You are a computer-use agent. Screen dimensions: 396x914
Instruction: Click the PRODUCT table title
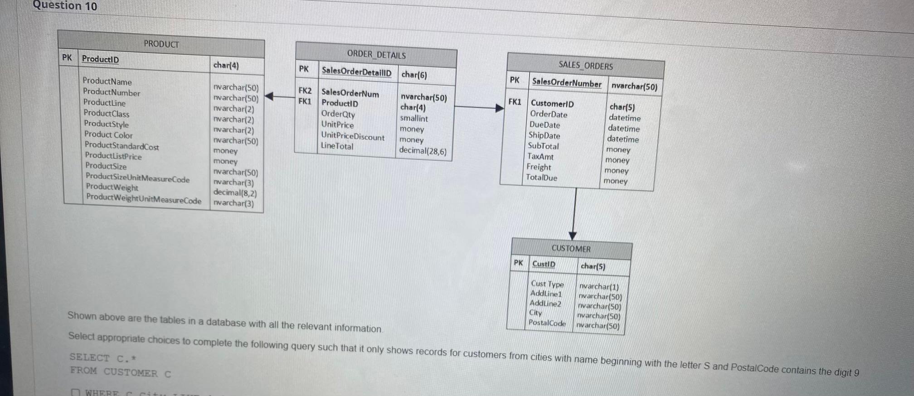pyautogui.click(x=161, y=44)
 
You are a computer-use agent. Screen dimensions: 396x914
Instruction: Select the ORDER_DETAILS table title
pyautogui.click(x=376, y=55)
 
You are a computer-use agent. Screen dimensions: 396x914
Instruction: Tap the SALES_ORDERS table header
pyautogui.click(x=585, y=66)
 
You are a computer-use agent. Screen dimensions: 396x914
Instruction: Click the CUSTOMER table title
pyautogui.click(x=571, y=248)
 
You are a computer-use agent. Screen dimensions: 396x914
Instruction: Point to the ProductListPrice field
pyautogui.click(x=113, y=156)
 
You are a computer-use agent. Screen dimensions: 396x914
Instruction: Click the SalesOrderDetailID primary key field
pyautogui.click(x=356, y=72)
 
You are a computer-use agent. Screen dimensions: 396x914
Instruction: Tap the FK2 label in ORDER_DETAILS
pyautogui.click(x=305, y=91)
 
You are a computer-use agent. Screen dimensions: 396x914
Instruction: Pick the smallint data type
pyautogui.click(x=413, y=118)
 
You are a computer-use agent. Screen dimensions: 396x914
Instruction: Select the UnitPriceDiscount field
pyautogui.click(x=353, y=136)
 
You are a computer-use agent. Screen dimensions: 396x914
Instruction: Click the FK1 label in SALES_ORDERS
pyautogui.click(x=515, y=102)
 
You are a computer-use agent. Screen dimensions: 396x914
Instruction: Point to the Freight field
pyautogui.click(x=539, y=167)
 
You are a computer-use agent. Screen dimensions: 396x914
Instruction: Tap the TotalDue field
pyautogui.click(x=541, y=178)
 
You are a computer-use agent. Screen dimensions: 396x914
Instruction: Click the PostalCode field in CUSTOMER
pyautogui.click(x=547, y=323)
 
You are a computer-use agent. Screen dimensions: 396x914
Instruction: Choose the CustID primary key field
pyautogui.click(x=544, y=264)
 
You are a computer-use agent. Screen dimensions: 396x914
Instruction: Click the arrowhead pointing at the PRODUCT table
pyautogui.click(x=269, y=96)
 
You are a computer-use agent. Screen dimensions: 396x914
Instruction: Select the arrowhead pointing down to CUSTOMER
pyautogui.click(x=573, y=235)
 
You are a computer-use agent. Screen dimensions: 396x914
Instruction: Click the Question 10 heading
pyautogui.click(x=65, y=5)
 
